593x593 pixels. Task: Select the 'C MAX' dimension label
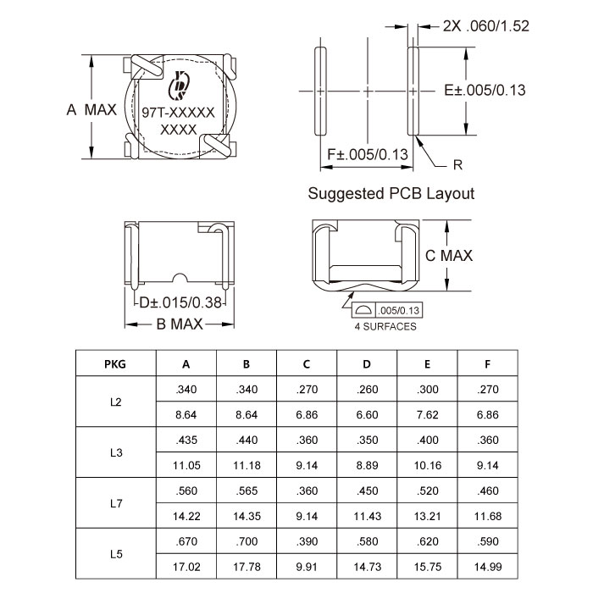point(449,255)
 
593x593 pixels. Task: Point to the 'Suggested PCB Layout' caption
point(391,193)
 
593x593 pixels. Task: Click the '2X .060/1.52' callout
point(486,26)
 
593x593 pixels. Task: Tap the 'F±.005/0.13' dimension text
point(368,154)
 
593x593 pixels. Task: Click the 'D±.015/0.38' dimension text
point(180,302)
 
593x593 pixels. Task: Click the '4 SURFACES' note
point(385,326)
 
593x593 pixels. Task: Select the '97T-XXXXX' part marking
point(178,113)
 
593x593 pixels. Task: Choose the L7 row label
point(116,503)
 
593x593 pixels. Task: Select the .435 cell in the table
point(186,441)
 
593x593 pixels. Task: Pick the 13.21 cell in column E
point(427,516)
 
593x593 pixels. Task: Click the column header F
point(487,364)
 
